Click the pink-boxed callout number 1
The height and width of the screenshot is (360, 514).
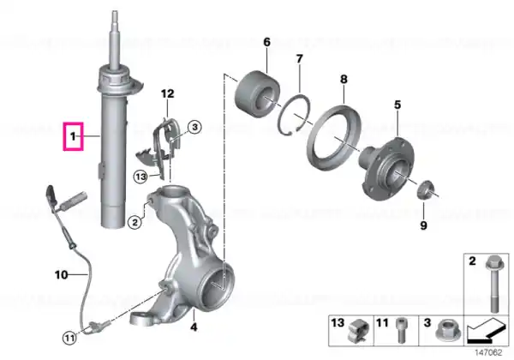(x=73, y=136)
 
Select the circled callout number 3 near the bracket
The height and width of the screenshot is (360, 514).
(x=194, y=127)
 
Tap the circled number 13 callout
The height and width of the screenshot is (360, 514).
(x=140, y=177)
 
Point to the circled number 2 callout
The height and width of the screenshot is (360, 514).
(x=134, y=223)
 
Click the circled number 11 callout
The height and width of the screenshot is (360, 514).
(x=69, y=338)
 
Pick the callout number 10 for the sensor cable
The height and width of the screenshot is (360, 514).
(x=62, y=275)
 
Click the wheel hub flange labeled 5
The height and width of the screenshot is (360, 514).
(x=387, y=168)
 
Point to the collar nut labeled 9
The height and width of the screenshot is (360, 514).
(x=426, y=189)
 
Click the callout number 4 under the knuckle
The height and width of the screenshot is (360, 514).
(x=194, y=327)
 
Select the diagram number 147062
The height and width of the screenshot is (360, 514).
(x=489, y=353)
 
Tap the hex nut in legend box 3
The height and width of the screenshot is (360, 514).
(x=448, y=330)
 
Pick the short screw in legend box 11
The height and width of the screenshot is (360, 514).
(x=401, y=330)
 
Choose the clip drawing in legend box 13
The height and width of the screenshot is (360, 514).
(x=359, y=331)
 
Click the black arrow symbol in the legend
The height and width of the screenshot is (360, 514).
(x=486, y=331)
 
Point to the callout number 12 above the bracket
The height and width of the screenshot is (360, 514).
(x=168, y=94)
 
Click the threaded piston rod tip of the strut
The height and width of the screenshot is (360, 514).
(x=115, y=16)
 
